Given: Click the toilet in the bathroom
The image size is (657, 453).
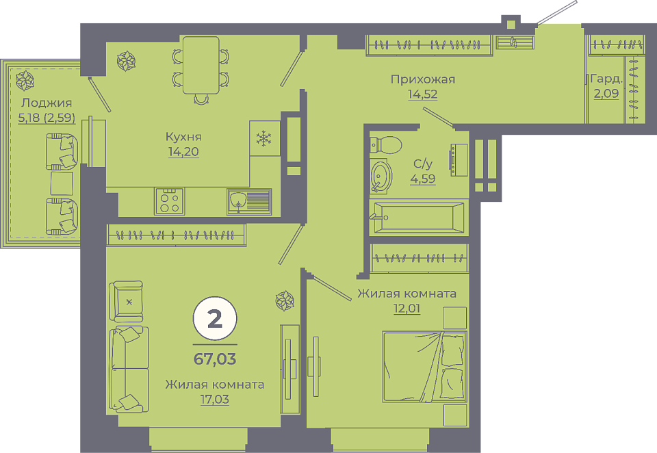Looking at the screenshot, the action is (x=385, y=144).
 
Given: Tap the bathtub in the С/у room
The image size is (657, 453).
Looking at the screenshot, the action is (x=419, y=217).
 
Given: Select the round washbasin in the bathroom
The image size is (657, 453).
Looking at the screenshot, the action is (x=381, y=176).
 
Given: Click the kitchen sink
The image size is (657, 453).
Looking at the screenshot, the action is (x=249, y=202).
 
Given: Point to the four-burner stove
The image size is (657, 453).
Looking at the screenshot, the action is (x=169, y=201).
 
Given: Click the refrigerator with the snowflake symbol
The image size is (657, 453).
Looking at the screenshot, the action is (x=265, y=138).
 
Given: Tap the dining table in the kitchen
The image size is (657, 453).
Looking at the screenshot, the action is (x=201, y=66).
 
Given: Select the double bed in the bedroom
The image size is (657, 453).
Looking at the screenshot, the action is (x=424, y=367).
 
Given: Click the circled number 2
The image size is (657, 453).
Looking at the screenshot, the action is (x=215, y=319).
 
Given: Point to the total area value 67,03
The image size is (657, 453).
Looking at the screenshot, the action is (x=215, y=359).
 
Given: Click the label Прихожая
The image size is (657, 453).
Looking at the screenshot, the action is (x=423, y=79).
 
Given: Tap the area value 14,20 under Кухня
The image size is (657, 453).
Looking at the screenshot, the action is (x=183, y=151).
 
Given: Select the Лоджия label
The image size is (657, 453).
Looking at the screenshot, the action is (x=47, y=103).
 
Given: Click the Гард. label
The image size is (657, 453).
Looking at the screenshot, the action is (x=606, y=79).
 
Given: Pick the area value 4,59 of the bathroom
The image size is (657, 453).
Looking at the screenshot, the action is (x=423, y=179).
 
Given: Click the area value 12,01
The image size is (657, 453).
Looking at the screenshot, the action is (x=407, y=309).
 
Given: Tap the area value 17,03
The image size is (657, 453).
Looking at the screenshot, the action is (x=214, y=400).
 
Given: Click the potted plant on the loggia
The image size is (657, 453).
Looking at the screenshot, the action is (x=25, y=81).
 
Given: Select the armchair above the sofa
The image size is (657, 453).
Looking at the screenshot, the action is (x=126, y=301).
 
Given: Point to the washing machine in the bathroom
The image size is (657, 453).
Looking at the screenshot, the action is (x=459, y=159).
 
